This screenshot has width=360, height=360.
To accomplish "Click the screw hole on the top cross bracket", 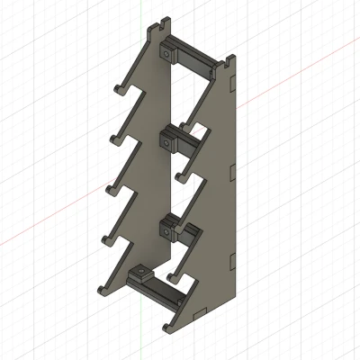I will [168, 52].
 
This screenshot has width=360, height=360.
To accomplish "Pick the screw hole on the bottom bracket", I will [140, 271].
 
